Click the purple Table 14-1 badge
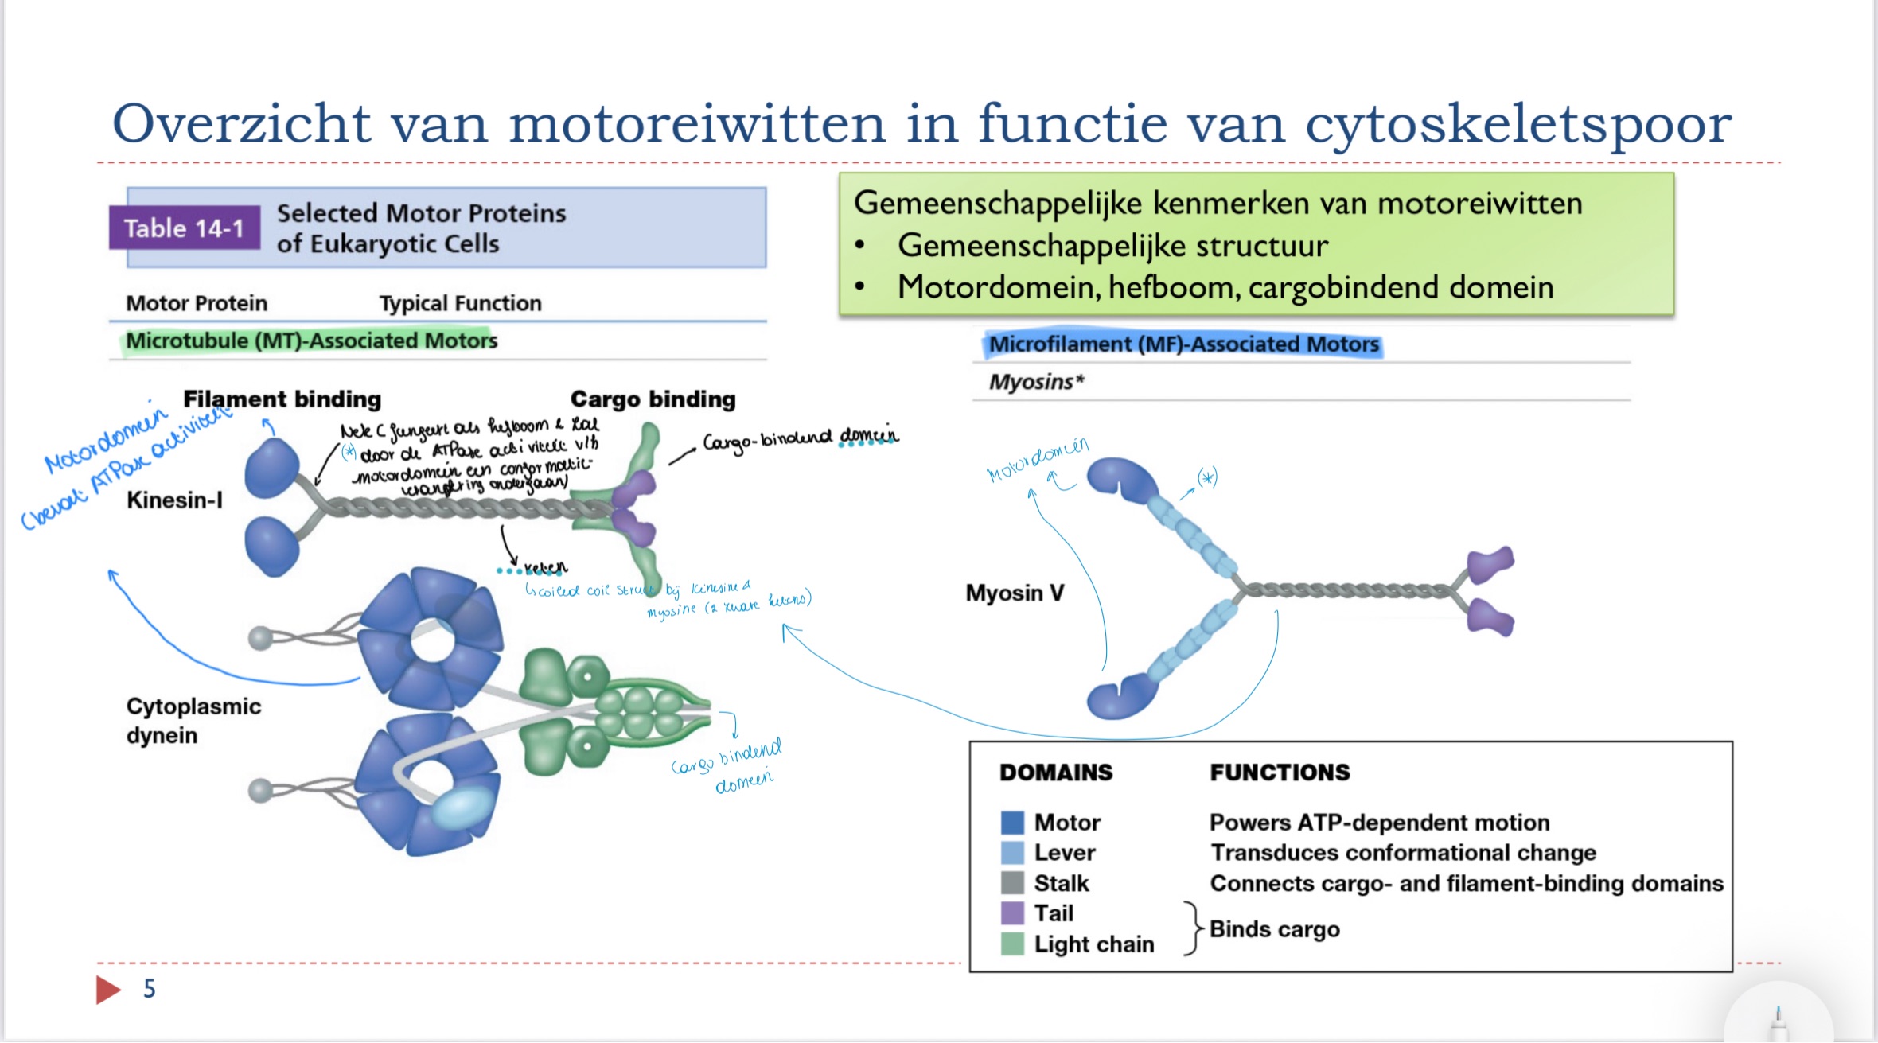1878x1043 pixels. coord(184,228)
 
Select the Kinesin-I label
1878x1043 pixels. coord(174,500)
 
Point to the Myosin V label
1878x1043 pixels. coord(1014,593)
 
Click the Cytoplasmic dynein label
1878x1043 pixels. coord(193,721)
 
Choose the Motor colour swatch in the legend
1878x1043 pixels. coord(1012,823)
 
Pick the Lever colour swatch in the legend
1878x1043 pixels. coord(1012,853)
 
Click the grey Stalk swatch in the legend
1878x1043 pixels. coord(1012,883)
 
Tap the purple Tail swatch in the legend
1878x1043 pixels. coord(1012,913)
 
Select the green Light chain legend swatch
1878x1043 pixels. coord(1012,944)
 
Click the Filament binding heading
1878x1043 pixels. coord(282,399)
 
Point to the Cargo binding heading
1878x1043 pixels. coord(653,399)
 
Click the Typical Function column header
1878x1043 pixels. coord(460,303)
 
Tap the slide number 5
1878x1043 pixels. coord(150,989)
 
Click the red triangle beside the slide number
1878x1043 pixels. coord(107,990)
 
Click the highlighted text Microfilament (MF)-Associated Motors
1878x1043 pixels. coord(1183,344)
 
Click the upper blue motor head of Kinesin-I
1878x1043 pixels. coord(272,468)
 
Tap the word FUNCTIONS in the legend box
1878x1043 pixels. coord(1280,773)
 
